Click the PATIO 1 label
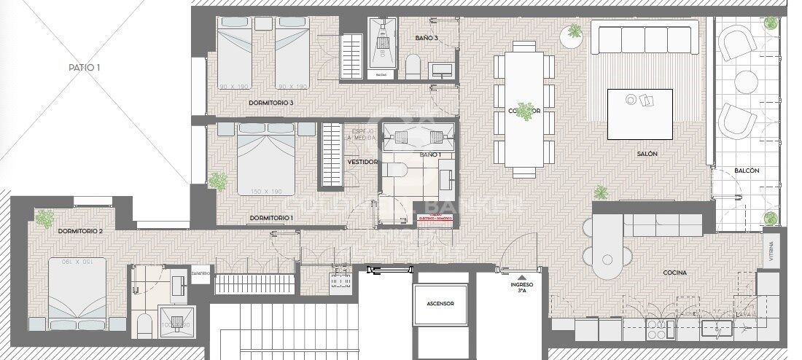[84, 68]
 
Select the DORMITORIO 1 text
[271, 218]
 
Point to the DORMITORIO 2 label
[79, 231]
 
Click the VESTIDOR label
[362, 162]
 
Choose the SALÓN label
[647, 154]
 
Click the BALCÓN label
[747, 171]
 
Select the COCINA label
[674, 273]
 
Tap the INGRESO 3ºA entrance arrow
[521, 277]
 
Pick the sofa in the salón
[647, 39]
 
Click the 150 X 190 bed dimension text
[266, 192]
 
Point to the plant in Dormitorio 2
[45, 216]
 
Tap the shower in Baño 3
[381, 44]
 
